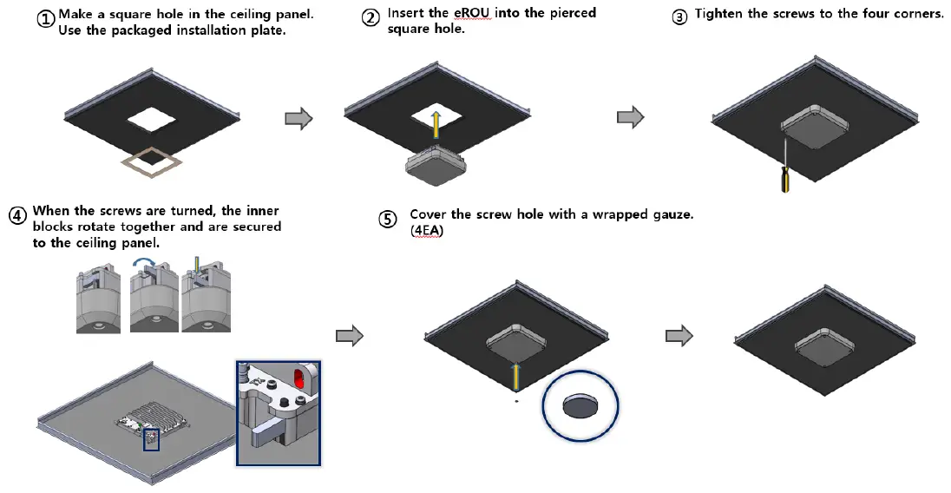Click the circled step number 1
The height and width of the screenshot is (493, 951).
point(46,18)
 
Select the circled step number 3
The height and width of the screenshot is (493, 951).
point(680,16)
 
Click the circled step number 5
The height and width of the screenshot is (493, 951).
point(387,219)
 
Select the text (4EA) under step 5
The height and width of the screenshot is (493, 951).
point(427,231)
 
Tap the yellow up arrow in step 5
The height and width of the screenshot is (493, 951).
point(516,375)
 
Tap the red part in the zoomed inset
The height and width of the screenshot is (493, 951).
point(299,378)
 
